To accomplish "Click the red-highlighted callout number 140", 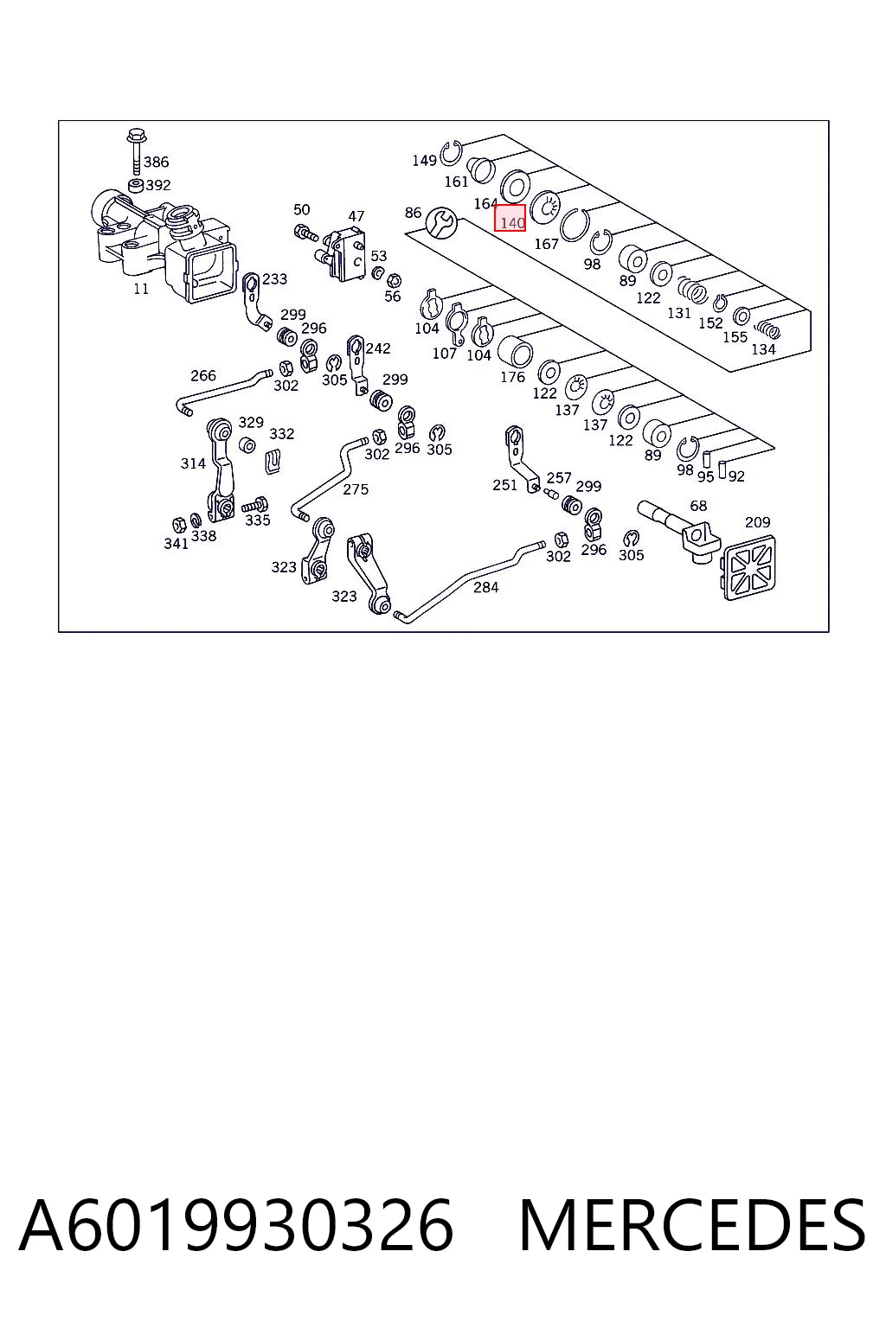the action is click(510, 218).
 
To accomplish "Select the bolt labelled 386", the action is click(135, 152).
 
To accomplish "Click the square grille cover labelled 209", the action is click(749, 567).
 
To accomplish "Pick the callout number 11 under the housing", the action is click(141, 289).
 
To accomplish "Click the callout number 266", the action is click(203, 375).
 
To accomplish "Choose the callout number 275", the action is click(356, 489).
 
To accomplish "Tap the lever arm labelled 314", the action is click(220, 469).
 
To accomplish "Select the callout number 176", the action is click(513, 377).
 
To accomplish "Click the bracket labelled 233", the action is click(256, 301).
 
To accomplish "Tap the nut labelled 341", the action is click(178, 525).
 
